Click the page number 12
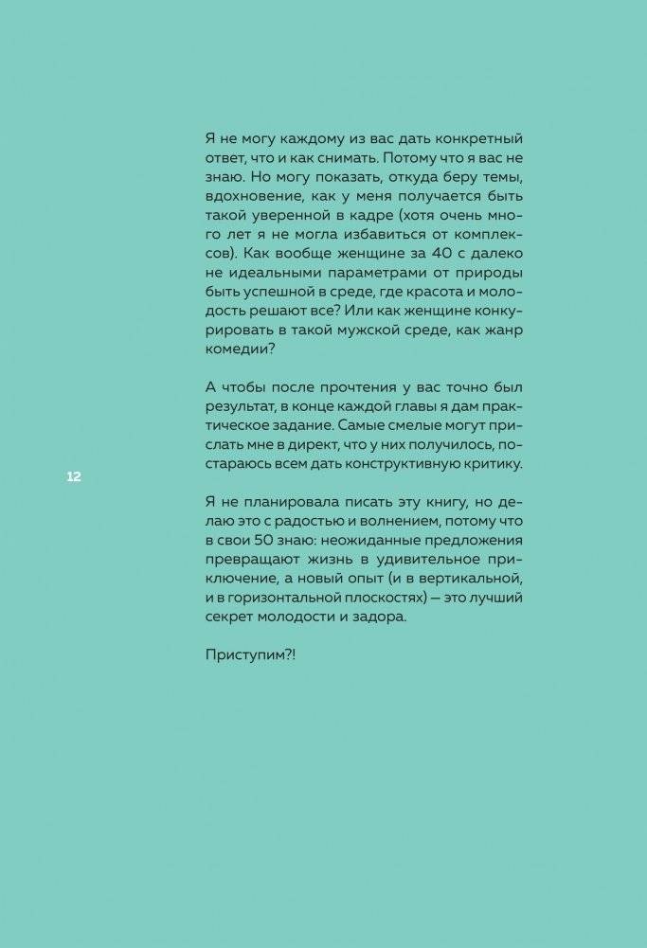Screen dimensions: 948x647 tap(73, 476)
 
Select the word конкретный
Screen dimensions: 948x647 tap(479, 137)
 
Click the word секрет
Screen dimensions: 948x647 tap(232, 616)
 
